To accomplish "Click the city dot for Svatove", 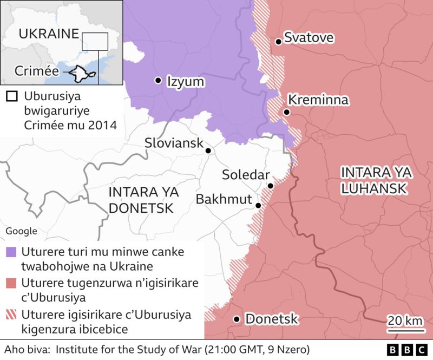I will tap(278, 41).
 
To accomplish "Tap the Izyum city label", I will tap(185, 81).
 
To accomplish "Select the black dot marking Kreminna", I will tap(286, 112).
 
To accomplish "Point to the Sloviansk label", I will tap(173, 143).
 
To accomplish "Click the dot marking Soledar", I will tap(270, 186).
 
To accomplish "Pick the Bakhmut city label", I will tap(224, 199).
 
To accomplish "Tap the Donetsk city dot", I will tap(237, 319).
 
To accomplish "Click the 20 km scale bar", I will tap(405, 326).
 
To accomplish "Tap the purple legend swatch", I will tap(11, 252).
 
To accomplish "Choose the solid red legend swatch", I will tap(11, 283).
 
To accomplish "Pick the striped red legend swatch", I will tap(11, 315).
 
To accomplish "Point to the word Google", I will tap(21, 231).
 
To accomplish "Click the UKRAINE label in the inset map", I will tap(48, 34).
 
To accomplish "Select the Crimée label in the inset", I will tap(36, 70).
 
